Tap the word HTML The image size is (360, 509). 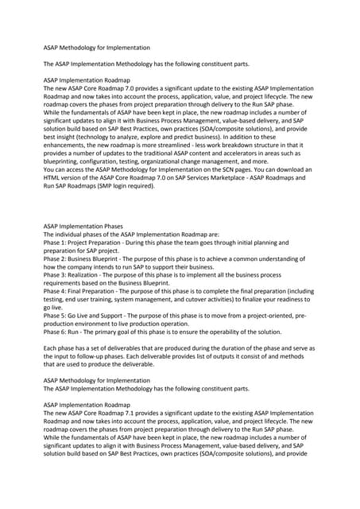(x=55, y=181)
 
